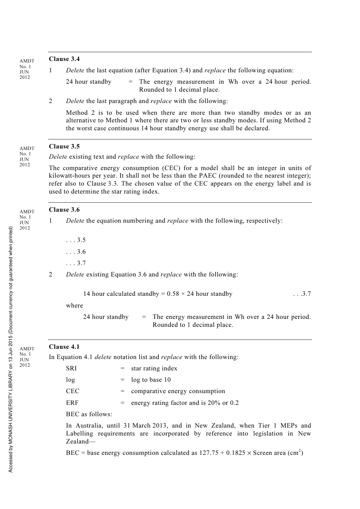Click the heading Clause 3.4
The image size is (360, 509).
pos(64,59)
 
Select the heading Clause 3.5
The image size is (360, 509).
pos(64,147)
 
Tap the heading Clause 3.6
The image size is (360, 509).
pos(64,210)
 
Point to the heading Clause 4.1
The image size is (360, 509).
pos(64,347)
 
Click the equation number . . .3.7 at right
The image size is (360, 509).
pos(302,294)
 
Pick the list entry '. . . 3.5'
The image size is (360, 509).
pos(76,240)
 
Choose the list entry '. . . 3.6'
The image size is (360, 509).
pos(76,252)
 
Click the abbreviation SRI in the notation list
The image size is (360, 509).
pos(71,368)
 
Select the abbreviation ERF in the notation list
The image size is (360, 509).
pos(72,403)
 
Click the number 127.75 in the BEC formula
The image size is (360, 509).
pos(208,453)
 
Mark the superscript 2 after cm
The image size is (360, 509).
pos(300,451)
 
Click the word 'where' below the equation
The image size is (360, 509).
pos(74,306)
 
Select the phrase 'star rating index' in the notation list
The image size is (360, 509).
pos(154,368)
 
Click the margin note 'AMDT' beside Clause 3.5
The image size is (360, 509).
pos(27,148)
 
